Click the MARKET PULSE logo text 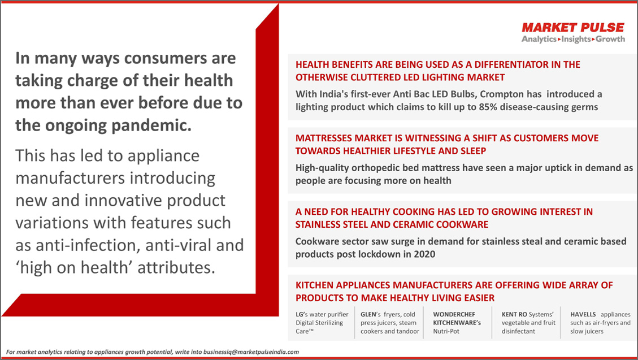[573, 27]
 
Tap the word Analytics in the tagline [539, 39]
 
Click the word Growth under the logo [610, 39]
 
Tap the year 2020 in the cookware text [424, 254]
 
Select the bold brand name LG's [302, 314]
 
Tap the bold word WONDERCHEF [454, 314]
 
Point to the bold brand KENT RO [514, 314]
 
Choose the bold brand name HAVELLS [583, 314]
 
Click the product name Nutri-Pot [446, 331]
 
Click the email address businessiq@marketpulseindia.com [251, 352]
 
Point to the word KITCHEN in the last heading [315, 285]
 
